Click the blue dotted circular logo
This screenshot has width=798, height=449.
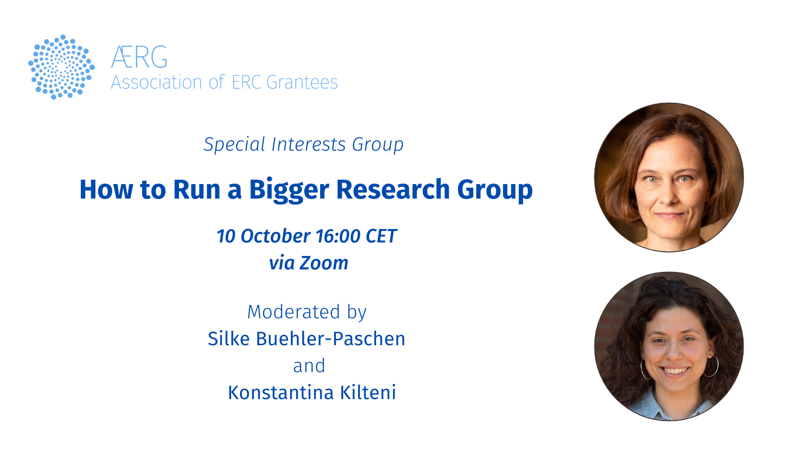pos(62,67)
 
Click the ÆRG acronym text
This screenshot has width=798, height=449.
pos(139,57)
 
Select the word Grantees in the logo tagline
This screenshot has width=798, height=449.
pos(302,82)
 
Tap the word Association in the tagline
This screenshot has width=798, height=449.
pos(157,82)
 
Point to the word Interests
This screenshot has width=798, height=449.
pos(309,145)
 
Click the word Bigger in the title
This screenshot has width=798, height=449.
pos(289,190)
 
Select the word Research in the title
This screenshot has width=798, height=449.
pos(393,189)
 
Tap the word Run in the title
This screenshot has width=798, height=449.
pos(197,190)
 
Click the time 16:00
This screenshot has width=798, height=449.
pos(338,236)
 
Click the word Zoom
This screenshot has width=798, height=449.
pos(324,263)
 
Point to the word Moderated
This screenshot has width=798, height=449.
pos(294,312)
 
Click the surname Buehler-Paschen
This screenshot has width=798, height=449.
pos(331,339)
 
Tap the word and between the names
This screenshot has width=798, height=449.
pos(309,366)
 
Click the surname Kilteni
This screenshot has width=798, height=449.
pos(368,392)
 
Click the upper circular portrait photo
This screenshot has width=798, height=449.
pos(669,178)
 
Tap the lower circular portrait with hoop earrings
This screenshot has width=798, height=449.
pos(669,346)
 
